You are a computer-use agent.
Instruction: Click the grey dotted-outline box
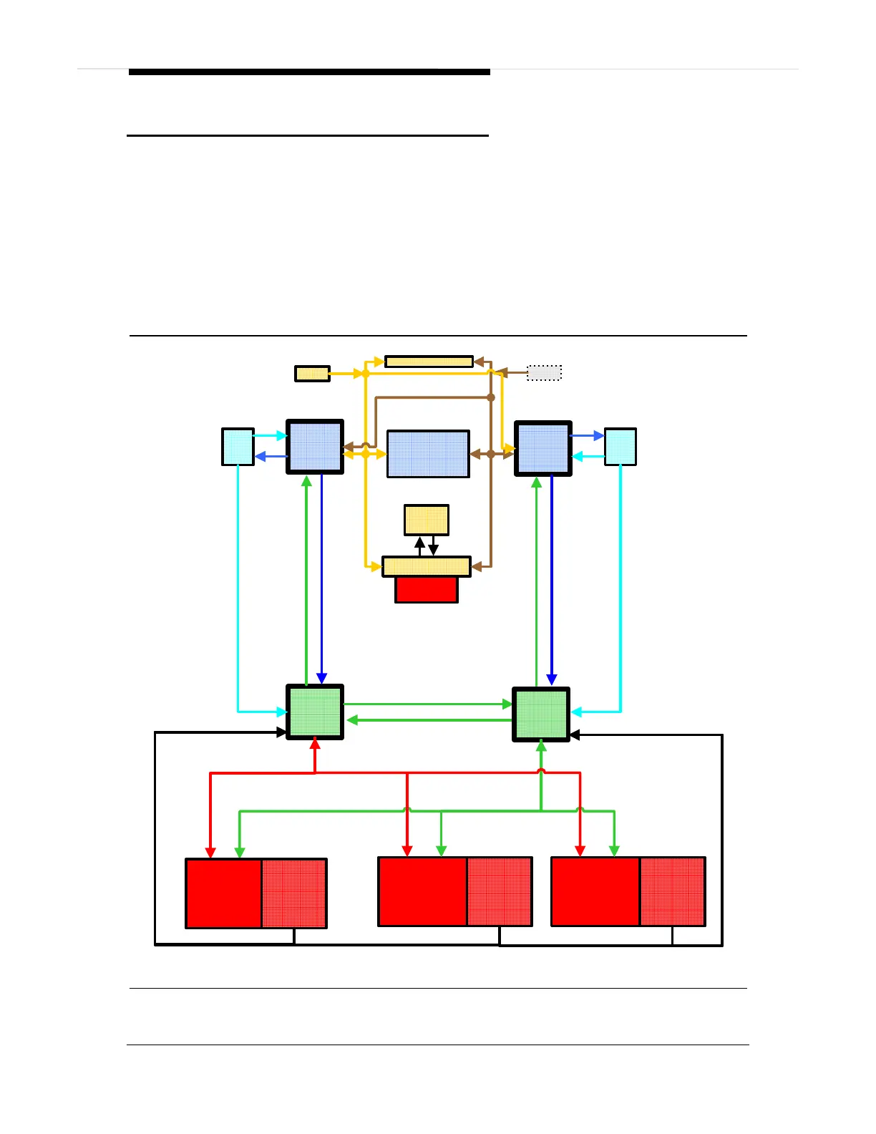pyautogui.click(x=544, y=372)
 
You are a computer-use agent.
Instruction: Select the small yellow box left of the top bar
pyautogui.click(x=312, y=373)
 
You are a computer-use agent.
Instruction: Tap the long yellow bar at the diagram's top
pyautogui.click(x=429, y=362)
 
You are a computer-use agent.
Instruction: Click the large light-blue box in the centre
pyautogui.click(x=428, y=454)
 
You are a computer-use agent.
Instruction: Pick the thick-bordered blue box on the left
pyautogui.click(x=315, y=447)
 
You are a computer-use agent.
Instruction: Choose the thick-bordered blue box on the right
pyautogui.click(x=542, y=449)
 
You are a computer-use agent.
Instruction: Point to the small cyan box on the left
pyautogui.click(x=238, y=447)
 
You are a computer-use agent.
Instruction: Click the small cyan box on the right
pyautogui.click(x=620, y=447)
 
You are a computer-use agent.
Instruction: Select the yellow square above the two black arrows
pyautogui.click(x=427, y=520)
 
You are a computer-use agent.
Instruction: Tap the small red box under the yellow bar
pyautogui.click(x=427, y=590)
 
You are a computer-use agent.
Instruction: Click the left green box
pyautogui.click(x=315, y=712)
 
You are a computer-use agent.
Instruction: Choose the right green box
pyautogui.click(x=541, y=714)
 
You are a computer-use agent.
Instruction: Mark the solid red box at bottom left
pyautogui.click(x=223, y=893)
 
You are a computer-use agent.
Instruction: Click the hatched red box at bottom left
pyautogui.click(x=294, y=893)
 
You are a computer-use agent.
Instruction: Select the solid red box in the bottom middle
pyautogui.click(x=422, y=892)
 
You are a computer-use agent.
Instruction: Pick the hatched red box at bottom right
pyautogui.click(x=672, y=892)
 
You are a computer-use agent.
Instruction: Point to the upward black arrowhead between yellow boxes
pyautogui.click(x=420, y=543)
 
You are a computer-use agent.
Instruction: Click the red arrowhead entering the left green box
pyautogui.click(x=315, y=745)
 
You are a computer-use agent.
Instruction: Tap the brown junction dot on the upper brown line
pyautogui.click(x=491, y=397)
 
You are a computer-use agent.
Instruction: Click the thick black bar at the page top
pyautogui.click(x=309, y=72)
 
